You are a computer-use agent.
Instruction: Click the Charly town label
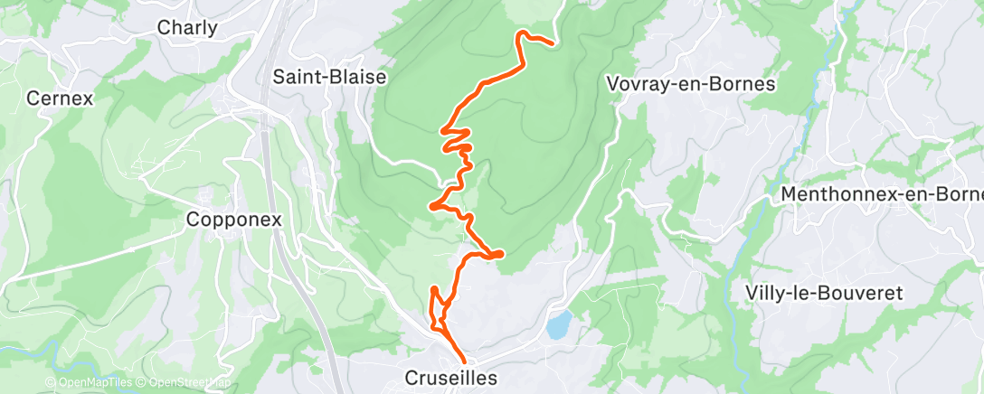click(187, 28)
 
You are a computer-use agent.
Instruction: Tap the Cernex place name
click(61, 98)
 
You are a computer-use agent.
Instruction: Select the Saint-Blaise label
click(329, 77)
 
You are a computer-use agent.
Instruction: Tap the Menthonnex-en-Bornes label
click(881, 194)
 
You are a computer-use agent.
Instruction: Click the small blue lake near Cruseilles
click(559, 323)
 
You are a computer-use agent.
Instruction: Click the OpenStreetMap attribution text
click(187, 382)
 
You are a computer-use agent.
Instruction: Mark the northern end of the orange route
click(551, 42)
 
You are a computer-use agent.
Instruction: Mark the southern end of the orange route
click(466, 363)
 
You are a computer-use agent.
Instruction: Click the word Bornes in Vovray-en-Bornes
click(746, 84)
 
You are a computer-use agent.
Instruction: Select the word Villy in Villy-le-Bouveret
click(765, 292)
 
